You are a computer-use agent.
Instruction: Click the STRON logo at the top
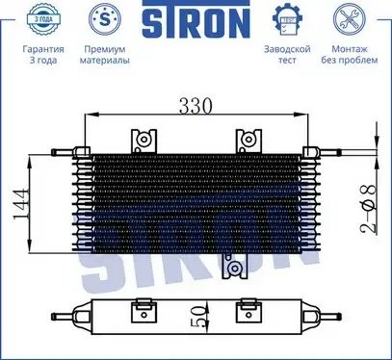click(x=196, y=19)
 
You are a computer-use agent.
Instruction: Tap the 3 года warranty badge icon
click(x=43, y=19)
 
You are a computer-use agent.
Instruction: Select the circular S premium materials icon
click(x=105, y=19)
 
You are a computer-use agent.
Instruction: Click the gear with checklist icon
click(x=287, y=19)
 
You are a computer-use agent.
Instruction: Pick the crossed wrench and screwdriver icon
click(x=350, y=19)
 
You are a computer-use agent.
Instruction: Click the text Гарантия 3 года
click(x=43, y=55)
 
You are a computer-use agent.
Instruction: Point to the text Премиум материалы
click(x=105, y=55)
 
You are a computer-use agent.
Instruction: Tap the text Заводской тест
click(x=287, y=55)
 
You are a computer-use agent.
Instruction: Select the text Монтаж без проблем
click(x=350, y=55)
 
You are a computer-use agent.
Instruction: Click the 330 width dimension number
click(x=196, y=106)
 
